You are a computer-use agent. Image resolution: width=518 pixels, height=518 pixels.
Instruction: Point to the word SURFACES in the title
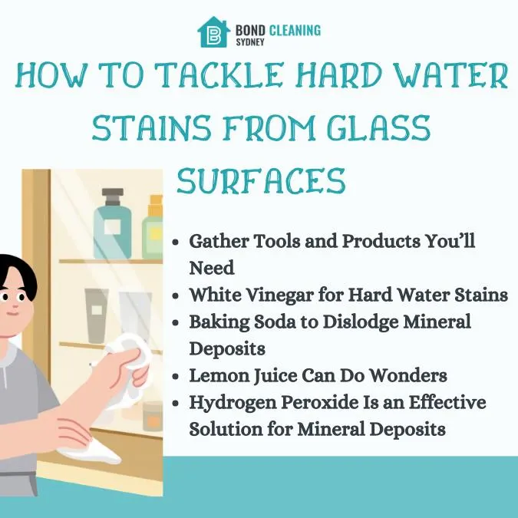(x=261, y=180)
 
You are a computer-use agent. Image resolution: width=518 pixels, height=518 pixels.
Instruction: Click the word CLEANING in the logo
(x=295, y=31)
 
